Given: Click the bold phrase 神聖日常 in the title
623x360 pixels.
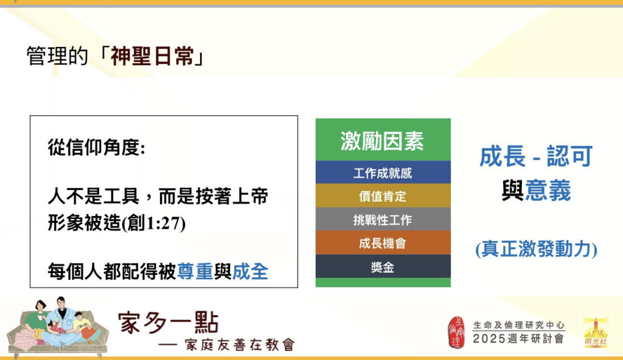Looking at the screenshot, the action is (152, 56).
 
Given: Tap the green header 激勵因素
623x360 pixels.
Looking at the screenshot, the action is (383, 141).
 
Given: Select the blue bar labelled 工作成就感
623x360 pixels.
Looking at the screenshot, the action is (383, 173).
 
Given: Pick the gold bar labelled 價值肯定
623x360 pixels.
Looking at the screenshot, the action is (383, 196).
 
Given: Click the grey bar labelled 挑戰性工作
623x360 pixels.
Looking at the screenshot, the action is (383, 220).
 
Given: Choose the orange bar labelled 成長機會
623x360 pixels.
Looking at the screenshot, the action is (383, 243).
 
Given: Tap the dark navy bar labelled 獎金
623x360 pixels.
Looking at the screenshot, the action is (383, 266).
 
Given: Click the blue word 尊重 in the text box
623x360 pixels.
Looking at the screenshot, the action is (195, 272).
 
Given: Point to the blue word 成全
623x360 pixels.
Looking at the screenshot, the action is (250, 272).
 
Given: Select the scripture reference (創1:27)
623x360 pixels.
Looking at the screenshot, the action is (153, 223).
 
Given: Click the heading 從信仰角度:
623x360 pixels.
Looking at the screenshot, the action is (97, 148).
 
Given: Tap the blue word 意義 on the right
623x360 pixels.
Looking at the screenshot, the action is (548, 190).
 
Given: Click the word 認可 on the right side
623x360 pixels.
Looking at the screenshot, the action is (569, 156).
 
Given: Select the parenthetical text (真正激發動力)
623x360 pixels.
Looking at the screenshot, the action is (537, 249).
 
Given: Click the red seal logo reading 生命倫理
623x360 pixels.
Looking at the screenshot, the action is (456, 332).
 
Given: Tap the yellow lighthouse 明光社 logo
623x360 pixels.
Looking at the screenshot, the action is (596, 332).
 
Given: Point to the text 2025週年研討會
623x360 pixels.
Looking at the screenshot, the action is (518, 339).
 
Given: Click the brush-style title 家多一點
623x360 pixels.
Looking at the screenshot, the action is (169, 323).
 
